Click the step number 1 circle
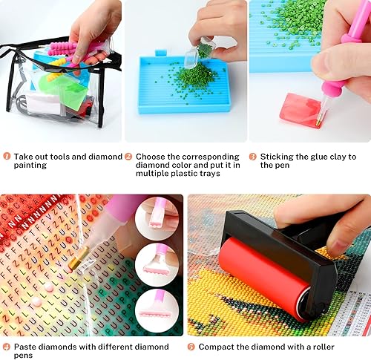pyautogui.click(x=7, y=157)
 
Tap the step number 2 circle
pyautogui.click(x=128, y=157)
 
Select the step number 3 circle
pyautogui.click(x=252, y=157)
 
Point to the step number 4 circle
pyautogui.click(x=7, y=347)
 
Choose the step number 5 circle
pyautogui.click(x=191, y=347)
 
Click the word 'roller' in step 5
pyautogui.click(x=324, y=347)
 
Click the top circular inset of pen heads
pyautogui.click(x=157, y=218)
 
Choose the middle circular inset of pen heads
pyautogui.click(x=157, y=264)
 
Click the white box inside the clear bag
pyautogui.click(x=42, y=105)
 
